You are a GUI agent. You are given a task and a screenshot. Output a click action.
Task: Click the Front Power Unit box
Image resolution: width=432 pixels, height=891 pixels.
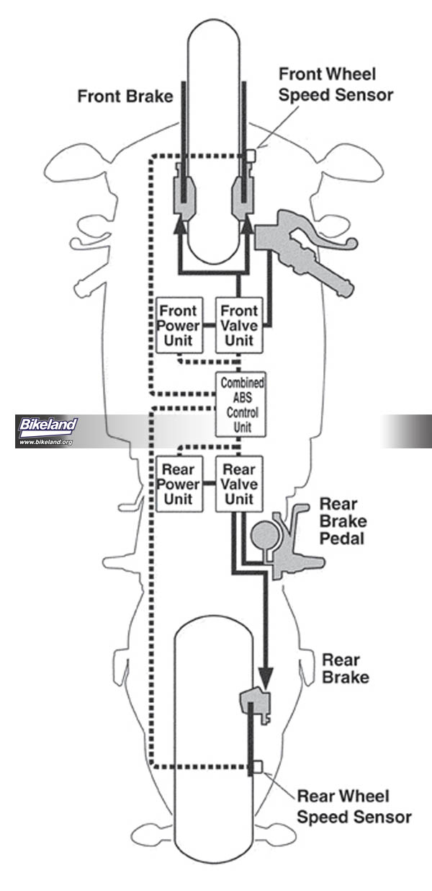[179, 324]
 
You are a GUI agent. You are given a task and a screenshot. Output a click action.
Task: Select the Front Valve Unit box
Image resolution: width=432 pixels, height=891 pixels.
[240, 324]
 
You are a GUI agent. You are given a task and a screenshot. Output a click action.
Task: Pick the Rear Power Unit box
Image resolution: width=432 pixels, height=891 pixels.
[179, 483]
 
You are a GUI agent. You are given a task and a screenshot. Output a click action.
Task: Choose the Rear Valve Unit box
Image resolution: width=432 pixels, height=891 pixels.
[240, 483]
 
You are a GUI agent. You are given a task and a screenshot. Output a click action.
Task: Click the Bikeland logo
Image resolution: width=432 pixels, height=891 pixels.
[47, 425]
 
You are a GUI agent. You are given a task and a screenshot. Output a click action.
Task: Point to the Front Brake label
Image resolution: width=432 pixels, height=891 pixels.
[125, 97]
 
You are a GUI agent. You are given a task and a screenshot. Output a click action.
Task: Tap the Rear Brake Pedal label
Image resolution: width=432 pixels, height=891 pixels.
[343, 520]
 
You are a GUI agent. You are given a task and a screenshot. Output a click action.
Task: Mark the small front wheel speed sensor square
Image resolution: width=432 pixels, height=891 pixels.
[251, 156]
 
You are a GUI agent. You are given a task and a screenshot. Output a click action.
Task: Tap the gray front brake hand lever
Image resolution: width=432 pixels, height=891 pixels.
[302, 249]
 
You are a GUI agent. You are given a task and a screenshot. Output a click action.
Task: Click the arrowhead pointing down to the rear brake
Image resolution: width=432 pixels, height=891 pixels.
[266, 676]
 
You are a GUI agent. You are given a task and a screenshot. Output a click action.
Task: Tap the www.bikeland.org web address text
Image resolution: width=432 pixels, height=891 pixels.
[46, 441]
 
